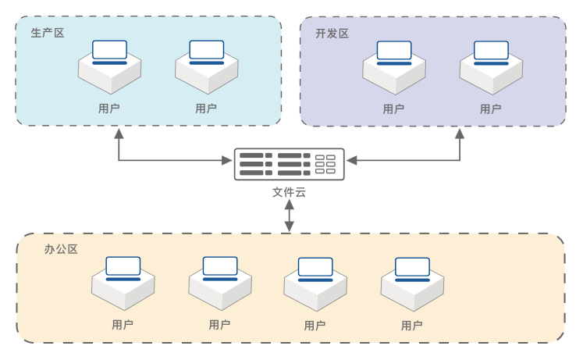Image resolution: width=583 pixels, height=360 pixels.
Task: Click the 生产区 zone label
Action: point(47,34)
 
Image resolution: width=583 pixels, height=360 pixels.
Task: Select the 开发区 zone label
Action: point(332,34)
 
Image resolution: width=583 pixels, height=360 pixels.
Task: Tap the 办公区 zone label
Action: point(61,250)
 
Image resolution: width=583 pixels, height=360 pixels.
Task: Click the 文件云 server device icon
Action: point(289,164)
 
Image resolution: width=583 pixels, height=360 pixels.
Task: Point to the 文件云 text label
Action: point(289,193)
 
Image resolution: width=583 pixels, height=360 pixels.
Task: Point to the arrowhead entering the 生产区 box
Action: point(119,134)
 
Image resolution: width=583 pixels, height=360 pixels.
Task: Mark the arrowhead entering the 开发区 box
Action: point(460,134)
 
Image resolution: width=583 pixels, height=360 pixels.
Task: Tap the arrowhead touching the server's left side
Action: point(228,160)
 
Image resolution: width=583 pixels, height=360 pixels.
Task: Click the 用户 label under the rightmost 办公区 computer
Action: point(411,325)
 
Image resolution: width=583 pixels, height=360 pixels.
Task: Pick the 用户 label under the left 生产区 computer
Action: point(109,109)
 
